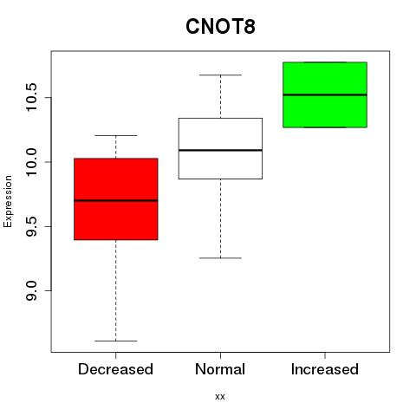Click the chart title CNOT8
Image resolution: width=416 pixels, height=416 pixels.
220,27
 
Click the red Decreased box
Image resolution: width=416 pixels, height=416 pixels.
116,199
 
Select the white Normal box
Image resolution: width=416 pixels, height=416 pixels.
220,148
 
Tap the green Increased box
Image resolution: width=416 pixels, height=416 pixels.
325,94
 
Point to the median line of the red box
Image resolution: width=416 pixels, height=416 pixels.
116,200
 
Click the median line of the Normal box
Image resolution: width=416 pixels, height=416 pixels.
220,150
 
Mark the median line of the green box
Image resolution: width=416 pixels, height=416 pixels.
325,94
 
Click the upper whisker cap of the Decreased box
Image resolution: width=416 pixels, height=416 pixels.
116,135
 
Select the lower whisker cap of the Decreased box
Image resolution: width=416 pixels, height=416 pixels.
116,341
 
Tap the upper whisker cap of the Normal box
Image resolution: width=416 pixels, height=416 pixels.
220,75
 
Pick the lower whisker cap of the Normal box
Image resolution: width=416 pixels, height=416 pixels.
220,258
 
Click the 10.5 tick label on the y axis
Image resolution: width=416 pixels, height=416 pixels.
30,97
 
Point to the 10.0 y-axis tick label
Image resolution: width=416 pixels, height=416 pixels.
30,162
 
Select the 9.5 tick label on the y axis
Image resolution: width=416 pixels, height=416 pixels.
30,226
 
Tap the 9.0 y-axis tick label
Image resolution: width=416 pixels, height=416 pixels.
30,290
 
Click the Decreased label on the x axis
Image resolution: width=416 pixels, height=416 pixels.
115,369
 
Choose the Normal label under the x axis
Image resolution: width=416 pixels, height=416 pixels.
220,369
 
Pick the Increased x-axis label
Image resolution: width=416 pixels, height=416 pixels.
325,369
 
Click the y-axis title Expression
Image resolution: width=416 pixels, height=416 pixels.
8,201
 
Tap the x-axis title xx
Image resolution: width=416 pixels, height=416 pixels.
220,397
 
